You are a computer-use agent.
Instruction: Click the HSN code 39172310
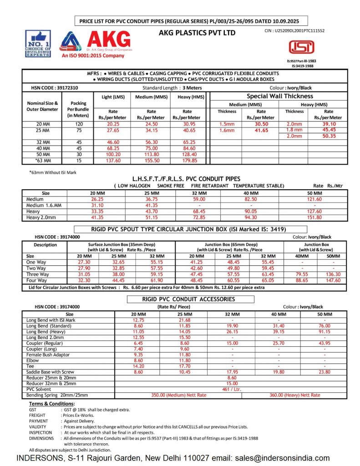(x=51, y=88)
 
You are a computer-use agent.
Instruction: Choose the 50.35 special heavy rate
(x=328, y=136)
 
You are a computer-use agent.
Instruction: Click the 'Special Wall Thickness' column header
(x=279, y=96)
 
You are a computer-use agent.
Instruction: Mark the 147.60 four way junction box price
(x=333, y=280)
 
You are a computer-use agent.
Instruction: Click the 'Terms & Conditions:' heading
(x=52, y=404)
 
